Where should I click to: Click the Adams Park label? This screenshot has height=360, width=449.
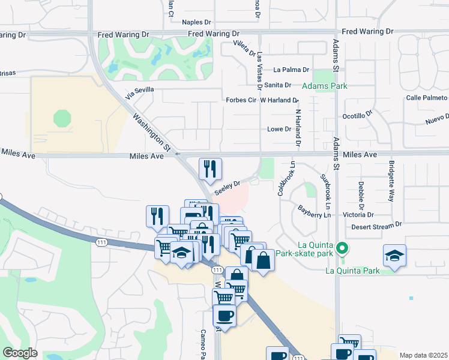324,86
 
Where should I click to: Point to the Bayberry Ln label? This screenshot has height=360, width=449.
314,211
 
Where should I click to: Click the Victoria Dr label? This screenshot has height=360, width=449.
358,214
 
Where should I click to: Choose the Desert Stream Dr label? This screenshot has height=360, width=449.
376,226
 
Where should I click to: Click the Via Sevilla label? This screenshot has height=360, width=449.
140,93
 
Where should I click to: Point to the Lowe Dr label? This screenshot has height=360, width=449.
279,129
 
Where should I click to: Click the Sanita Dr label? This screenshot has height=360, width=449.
277,85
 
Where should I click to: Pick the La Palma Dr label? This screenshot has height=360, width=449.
291,70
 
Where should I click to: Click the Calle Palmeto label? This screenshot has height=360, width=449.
426,97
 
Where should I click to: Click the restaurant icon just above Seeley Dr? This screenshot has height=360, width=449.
210,169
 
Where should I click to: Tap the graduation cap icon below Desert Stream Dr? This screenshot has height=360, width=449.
394,255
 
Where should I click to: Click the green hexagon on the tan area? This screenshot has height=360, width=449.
62,118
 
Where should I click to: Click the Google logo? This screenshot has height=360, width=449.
20,352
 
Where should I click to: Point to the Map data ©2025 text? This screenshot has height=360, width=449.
423,355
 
